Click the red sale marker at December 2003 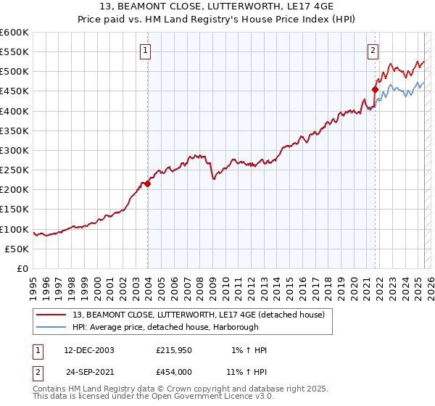point(147,184)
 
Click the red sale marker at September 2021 point(375,91)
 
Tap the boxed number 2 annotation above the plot point(373,51)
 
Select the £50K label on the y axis point(17,249)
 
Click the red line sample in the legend point(52,314)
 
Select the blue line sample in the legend point(52,326)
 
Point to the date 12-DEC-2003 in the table point(89,350)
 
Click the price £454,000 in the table point(173,371)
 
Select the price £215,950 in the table point(173,350)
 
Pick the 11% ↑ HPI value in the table point(247,371)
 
